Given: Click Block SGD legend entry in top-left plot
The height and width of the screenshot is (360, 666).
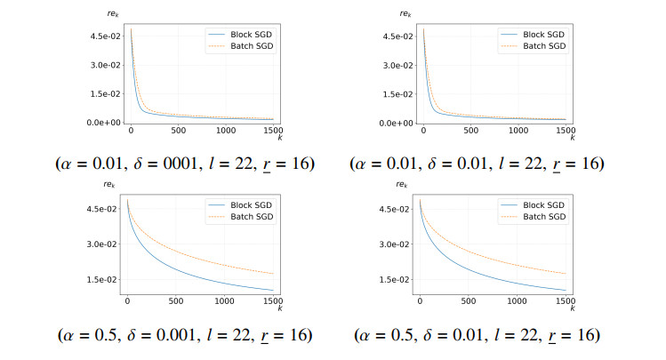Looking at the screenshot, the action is pos(240,35).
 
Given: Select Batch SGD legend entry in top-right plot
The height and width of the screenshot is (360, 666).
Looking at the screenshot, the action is pos(533,46).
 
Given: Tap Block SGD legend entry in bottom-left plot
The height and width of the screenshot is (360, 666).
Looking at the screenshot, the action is pos(240,205).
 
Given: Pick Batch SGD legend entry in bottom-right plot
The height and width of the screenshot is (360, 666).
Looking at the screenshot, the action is pos(533,217).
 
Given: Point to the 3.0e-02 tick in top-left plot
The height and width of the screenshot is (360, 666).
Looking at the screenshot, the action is pos(105,65).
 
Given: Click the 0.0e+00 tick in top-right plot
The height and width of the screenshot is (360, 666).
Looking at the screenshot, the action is pos(396,124).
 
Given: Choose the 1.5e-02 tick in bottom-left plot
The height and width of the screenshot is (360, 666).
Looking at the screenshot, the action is pos(102,279).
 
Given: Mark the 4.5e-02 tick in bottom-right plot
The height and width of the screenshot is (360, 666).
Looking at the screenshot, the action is pos(395,209).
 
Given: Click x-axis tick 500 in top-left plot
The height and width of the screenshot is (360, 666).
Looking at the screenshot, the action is pos(179,131).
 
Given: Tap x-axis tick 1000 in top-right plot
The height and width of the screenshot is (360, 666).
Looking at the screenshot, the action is pos(518,131).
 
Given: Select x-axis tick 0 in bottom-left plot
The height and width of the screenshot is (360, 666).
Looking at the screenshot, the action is pos(127,301).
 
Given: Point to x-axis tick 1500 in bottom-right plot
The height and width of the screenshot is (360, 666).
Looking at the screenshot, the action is pos(566,301).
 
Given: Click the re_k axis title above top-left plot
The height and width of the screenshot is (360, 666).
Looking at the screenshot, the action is pos(113,14).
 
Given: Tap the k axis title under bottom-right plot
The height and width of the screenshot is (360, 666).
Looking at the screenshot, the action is pos(573,308).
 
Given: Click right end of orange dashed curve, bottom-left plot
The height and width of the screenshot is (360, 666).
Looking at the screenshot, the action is pos(273,274).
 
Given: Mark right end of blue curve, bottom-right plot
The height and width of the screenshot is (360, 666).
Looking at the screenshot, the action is pos(566,291).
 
